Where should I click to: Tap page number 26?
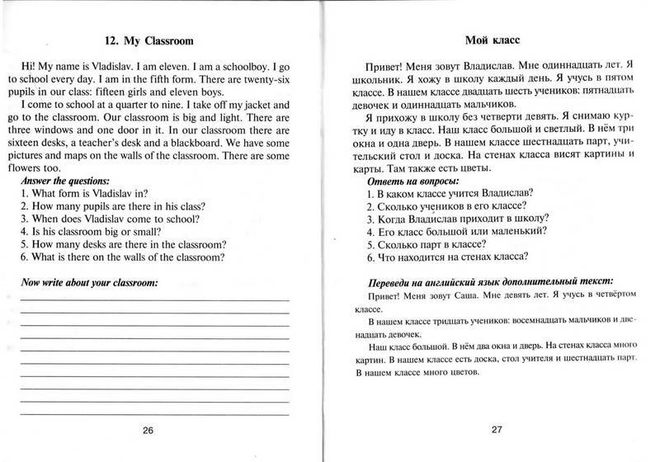tap(148, 429)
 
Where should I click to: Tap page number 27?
tap(495, 429)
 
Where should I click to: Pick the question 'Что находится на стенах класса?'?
tap(450, 258)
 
